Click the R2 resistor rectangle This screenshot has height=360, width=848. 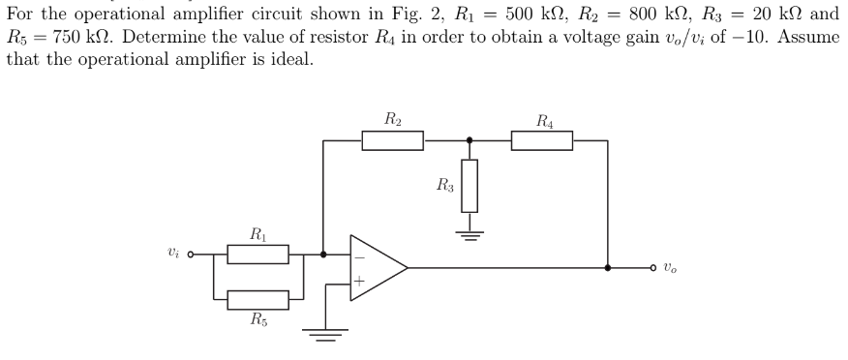pos(392,141)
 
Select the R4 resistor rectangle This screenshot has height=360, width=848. pos(541,141)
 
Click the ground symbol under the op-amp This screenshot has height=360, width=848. pos(325,334)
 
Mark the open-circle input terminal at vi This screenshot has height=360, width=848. pos(191,255)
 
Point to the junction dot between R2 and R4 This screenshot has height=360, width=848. pos(469,141)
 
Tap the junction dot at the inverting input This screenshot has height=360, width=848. pos(322,255)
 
